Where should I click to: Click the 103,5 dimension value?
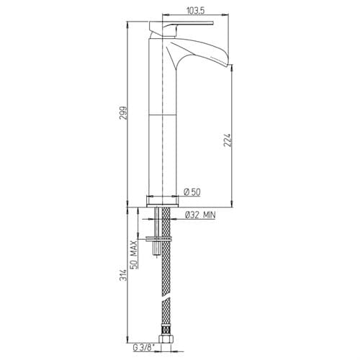point(195,11)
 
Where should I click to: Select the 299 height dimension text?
point(123,113)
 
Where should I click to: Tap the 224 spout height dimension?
point(227,140)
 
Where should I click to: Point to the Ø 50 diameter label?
point(192,192)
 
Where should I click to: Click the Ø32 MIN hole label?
point(200,215)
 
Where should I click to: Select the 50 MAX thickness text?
point(134,254)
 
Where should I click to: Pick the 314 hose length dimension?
point(123,275)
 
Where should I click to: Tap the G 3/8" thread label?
point(144,347)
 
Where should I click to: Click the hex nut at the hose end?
point(166,338)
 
